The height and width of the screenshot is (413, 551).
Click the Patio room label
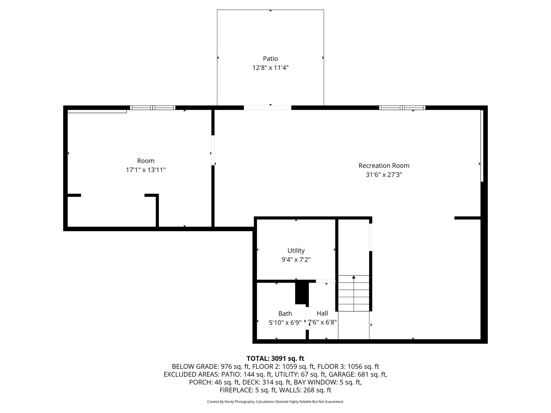click(x=270, y=59)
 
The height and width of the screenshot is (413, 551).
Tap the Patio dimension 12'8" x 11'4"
click(x=270, y=68)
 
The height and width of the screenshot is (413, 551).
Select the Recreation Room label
click(x=384, y=166)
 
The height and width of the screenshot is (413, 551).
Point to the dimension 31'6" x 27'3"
click(x=384, y=175)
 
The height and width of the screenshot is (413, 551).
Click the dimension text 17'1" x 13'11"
click(x=146, y=170)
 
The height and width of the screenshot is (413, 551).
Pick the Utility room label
click(x=296, y=251)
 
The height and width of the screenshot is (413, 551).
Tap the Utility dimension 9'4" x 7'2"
click(x=296, y=260)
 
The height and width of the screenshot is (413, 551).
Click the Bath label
click(x=285, y=314)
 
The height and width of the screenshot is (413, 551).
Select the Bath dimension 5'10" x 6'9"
click(x=285, y=323)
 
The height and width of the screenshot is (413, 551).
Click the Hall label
click(x=322, y=314)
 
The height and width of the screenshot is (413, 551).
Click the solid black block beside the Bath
click(x=302, y=292)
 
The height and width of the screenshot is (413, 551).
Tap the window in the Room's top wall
click(x=153, y=108)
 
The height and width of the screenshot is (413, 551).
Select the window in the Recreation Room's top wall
click(x=402, y=108)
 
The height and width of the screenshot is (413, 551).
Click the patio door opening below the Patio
click(x=268, y=108)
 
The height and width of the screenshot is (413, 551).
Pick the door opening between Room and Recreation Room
click(x=213, y=150)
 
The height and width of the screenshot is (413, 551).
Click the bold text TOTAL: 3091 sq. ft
click(x=275, y=359)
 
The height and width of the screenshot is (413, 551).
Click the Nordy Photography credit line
click(x=275, y=402)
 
